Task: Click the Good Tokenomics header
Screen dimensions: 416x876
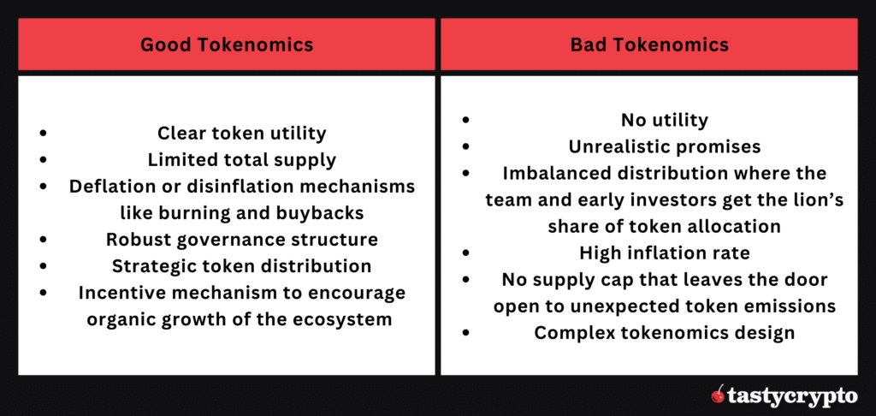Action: click(x=226, y=45)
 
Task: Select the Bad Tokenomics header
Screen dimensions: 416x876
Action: click(x=649, y=45)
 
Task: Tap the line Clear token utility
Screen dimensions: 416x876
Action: click(x=242, y=134)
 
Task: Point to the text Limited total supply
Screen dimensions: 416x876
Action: click(x=242, y=160)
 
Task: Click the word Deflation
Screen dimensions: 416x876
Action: click(x=109, y=187)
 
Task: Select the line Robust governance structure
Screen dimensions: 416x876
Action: click(x=242, y=240)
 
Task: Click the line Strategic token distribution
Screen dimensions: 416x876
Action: click(x=242, y=266)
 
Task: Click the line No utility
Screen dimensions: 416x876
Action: click(x=664, y=120)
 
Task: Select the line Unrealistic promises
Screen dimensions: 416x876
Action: click(x=664, y=146)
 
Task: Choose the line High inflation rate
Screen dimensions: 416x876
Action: click(x=664, y=253)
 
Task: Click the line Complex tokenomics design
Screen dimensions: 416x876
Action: click(x=664, y=332)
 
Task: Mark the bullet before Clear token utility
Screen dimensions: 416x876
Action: click(x=43, y=134)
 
